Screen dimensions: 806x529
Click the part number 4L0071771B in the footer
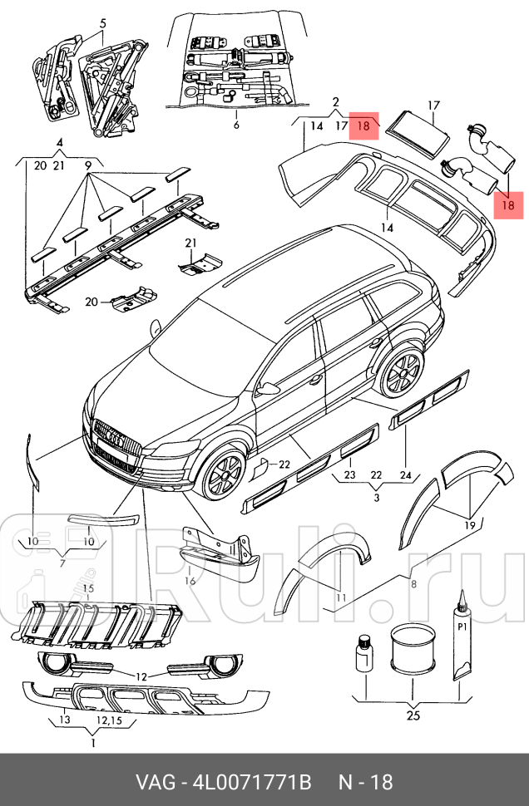click(x=251, y=782)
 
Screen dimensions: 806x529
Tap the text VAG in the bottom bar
click(x=156, y=782)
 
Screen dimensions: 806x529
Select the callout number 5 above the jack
click(x=102, y=24)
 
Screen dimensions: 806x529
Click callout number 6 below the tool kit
click(x=235, y=125)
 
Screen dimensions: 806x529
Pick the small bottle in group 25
click(x=364, y=652)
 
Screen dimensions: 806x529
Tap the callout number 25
click(x=413, y=715)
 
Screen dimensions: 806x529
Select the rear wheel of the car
click(x=402, y=371)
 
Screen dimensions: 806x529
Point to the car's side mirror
click(x=269, y=388)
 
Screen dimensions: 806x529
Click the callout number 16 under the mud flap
click(x=190, y=581)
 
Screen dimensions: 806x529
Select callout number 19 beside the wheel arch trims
click(x=470, y=525)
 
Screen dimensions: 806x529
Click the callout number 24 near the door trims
click(x=405, y=475)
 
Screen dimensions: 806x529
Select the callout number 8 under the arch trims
click(x=413, y=584)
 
